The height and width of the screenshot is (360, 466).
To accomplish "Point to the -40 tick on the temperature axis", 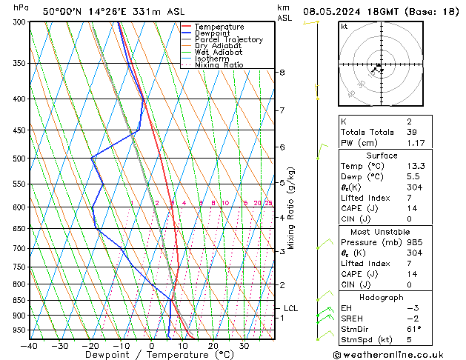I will tap(29, 345).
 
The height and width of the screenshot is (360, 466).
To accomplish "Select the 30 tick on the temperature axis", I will tap(243, 345).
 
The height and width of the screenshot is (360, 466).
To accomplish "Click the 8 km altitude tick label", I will tap(282, 73).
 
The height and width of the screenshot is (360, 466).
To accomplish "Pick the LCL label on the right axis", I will tap(291, 308).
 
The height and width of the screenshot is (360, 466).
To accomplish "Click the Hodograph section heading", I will tap(382, 297).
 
